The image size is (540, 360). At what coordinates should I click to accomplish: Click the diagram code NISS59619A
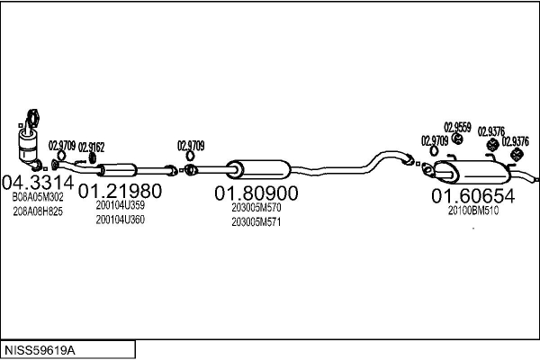pyautogui.click(x=40, y=350)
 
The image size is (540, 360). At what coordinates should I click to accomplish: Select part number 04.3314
pyautogui.click(x=38, y=182)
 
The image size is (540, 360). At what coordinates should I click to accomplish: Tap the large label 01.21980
pyautogui.click(x=120, y=191)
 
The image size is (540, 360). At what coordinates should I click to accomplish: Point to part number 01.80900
pyautogui.click(x=256, y=193)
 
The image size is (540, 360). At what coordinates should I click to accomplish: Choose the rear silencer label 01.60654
pyautogui.click(x=472, y=196)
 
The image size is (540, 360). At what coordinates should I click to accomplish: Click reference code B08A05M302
pyautogui.click(x=38, y=197)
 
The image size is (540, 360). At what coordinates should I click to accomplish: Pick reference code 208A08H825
pyautogui.click(x=38, y=211)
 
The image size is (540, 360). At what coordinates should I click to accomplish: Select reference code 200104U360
pyautogui.click(x=121, y=220)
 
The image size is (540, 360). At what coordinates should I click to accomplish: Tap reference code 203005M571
pyautogui.click(x=256, y=222)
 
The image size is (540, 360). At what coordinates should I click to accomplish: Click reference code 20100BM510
pyautogui.click(x=473, y=211)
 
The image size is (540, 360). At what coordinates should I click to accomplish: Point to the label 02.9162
pyautogui.click(x=91, y=148)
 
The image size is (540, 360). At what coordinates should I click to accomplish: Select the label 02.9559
pyautogui.click(x=457, y=128)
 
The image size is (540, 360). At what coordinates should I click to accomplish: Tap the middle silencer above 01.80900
pyautogui.click(x=259, y=169)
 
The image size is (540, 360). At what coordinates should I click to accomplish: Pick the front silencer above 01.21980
pyautogui.click(x=117, y=170)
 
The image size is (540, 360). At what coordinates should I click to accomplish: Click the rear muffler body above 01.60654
pyautogui.click(x=472, y=172)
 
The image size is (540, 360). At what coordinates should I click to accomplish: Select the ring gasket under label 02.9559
pyautogui.click(x=458, y=139)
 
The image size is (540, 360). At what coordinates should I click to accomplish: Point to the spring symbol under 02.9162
pyautogui.click(x=93, y=158)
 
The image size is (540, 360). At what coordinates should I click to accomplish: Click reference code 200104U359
pyautogui.click(x=121, y=205)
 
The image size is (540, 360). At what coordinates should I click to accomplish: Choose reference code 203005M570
pyautogui.click(x=256, y=208)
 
